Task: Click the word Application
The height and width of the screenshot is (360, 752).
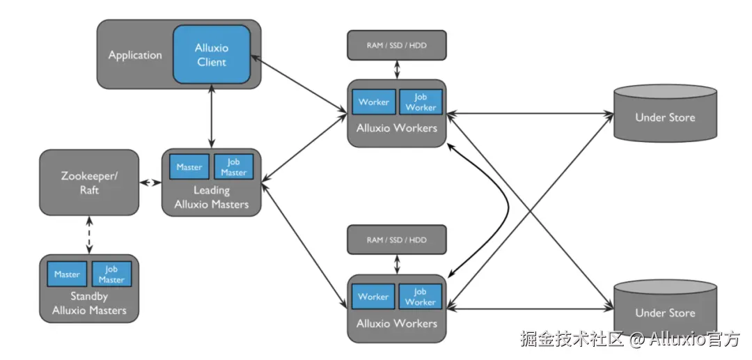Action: [x=135, y=55]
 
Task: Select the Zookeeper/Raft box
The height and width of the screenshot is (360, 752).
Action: [x=89, y=182]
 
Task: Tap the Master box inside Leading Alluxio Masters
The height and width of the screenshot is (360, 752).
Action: [x=189, y=167]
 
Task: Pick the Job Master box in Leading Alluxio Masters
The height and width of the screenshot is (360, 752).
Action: [x=234, y=167]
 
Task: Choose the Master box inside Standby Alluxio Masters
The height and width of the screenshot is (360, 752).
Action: [x=68, y=274]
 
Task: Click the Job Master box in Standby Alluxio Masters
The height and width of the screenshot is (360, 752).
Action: [x=111, y=274]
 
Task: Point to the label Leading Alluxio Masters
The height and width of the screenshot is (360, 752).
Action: [x=212, y=197]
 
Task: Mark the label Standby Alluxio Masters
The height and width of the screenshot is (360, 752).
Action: [x=89, y=304]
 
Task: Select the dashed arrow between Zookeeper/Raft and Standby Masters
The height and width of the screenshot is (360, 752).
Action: [x=89, y=235]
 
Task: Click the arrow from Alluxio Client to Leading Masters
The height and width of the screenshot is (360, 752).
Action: [x=211, y=119]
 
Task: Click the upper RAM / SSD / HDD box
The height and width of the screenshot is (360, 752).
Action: [x=397, y=45]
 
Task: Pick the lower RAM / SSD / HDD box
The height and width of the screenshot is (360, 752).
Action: [x=397, y=240]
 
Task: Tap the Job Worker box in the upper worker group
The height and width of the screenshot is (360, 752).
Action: [x=421, y=102]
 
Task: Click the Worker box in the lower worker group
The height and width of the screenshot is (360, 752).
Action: [x=373, y=297]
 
